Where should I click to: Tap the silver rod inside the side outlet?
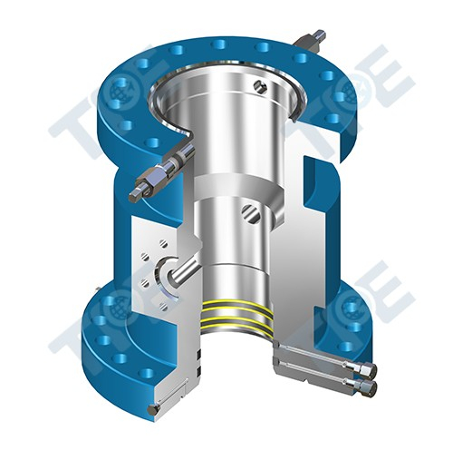(x=185, y=269)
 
